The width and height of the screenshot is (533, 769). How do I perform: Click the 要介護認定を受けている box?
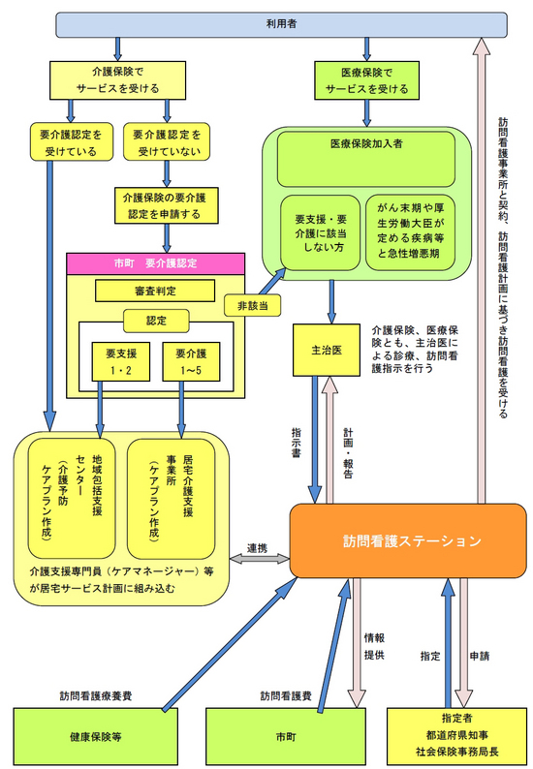coord(69,142)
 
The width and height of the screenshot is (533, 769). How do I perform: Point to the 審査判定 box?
coord(155,291)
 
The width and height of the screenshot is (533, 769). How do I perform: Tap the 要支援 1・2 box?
coord(120,360)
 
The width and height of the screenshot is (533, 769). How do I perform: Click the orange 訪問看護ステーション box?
coord(410,540)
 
